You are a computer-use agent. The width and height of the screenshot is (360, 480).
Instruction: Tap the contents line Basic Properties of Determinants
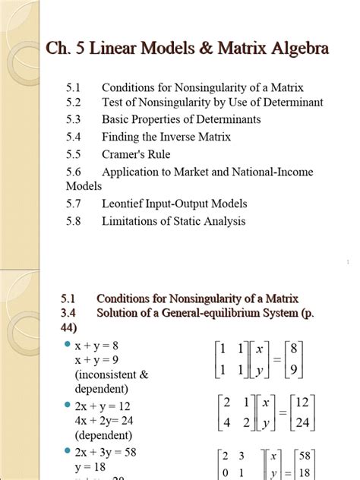[x=182, y=119]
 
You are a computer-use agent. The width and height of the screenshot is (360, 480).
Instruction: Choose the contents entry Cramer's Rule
[x=137, y=154]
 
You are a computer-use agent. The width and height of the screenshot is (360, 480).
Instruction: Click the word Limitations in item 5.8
[x=134, y=221]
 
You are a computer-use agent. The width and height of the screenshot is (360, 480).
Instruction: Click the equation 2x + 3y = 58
[x=104, y=455]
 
